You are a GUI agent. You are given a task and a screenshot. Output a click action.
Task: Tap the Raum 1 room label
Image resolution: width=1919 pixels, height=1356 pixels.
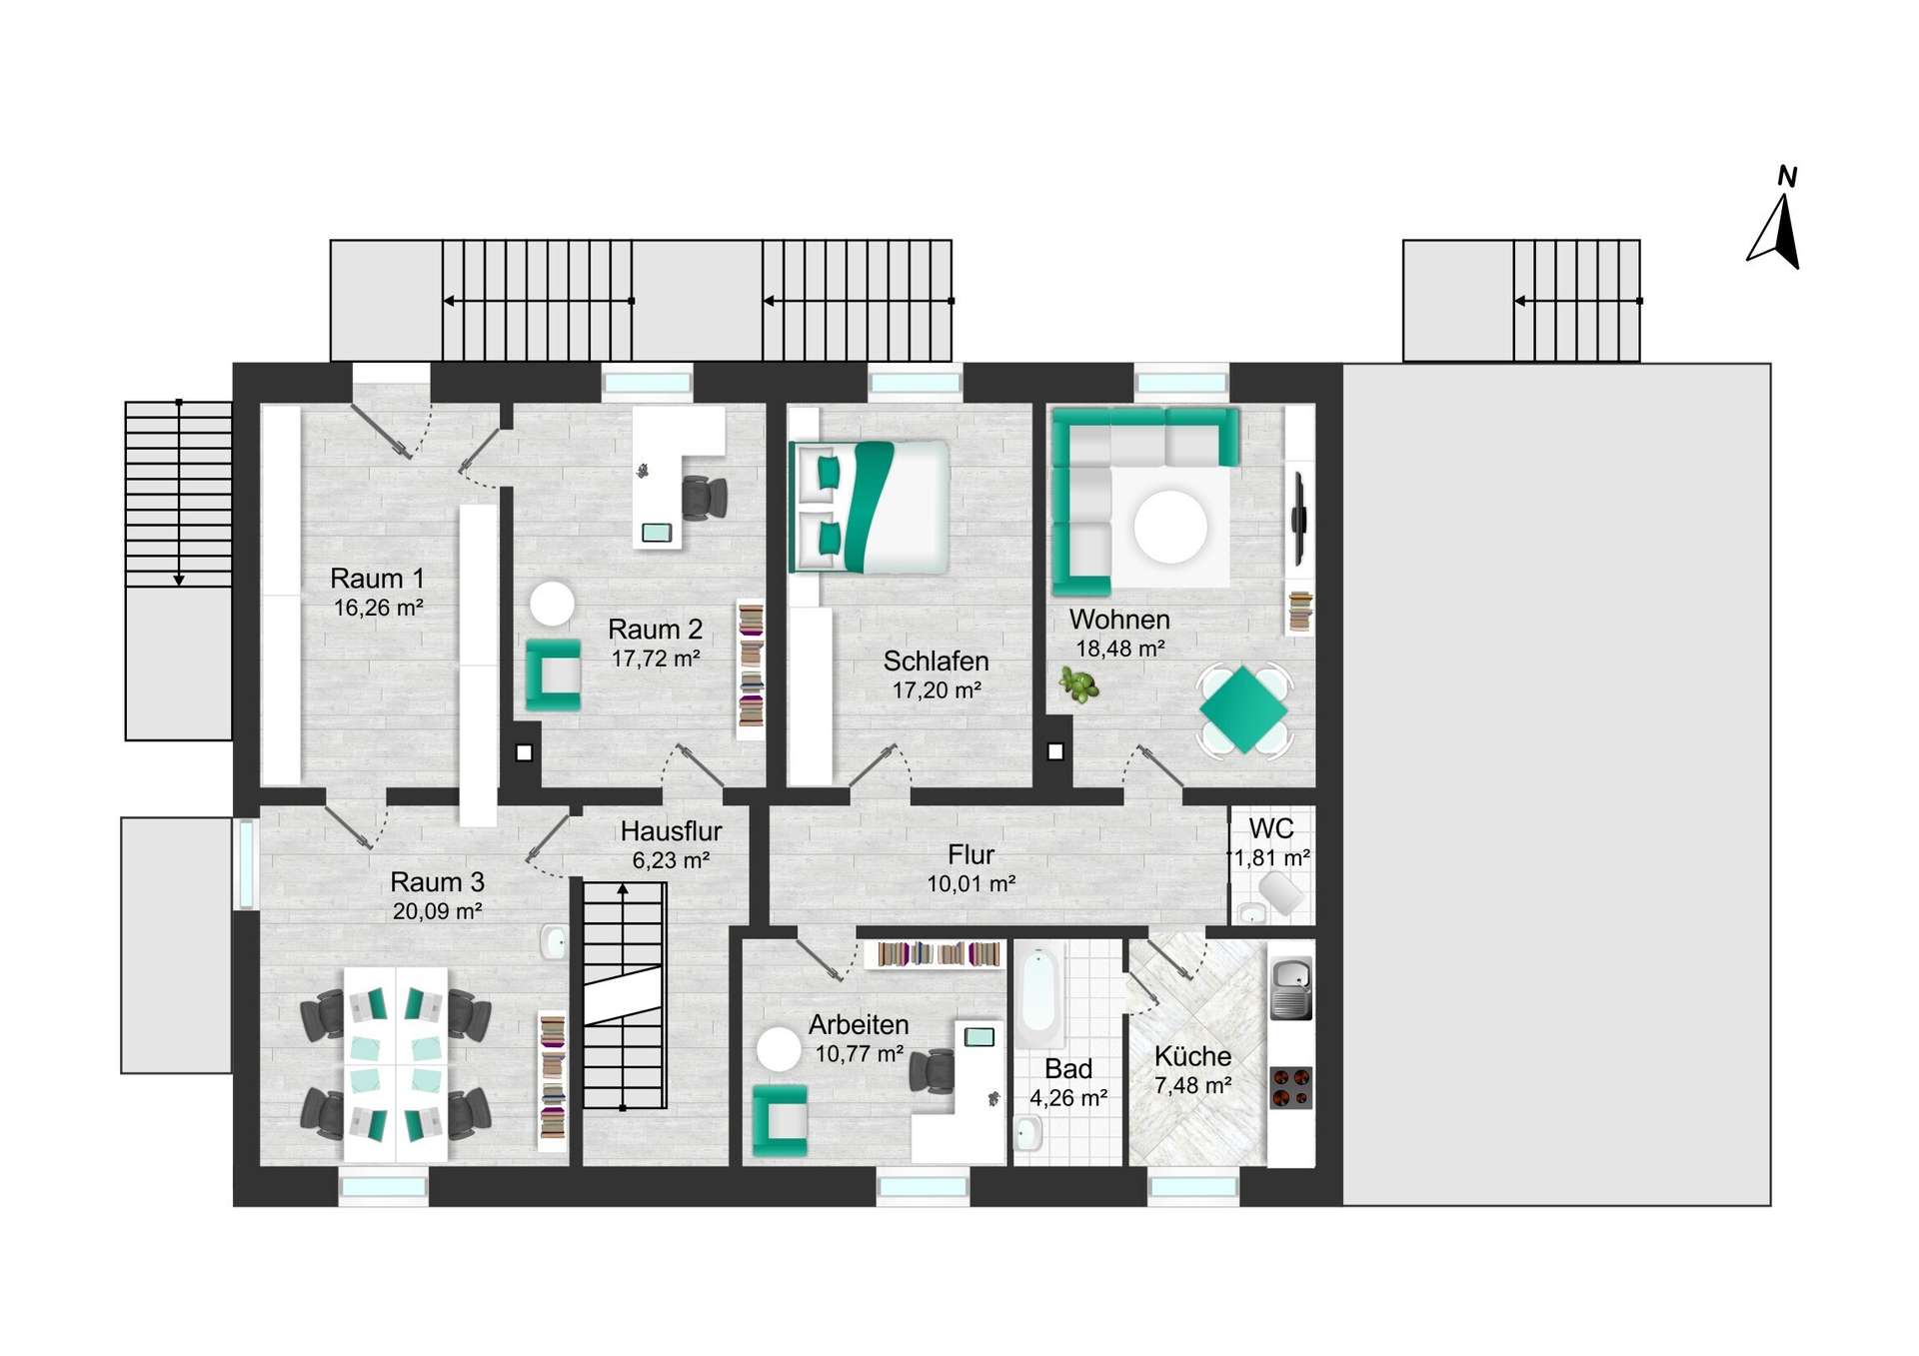point(377,579)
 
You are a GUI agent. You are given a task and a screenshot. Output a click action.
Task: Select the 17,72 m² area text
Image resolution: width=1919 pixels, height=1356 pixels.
point(656,659)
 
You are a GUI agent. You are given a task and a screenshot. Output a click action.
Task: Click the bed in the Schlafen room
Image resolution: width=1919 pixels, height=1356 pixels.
point(869,507)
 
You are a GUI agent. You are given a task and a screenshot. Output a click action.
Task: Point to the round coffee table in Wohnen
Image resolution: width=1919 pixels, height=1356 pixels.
point(1170,527)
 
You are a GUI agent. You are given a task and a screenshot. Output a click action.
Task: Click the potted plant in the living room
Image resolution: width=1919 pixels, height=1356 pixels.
point(1078,685)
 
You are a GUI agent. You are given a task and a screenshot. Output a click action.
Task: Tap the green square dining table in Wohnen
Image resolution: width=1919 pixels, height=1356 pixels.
point(1243,708)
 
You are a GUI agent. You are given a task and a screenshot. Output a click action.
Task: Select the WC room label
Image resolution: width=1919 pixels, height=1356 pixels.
point(1271,828)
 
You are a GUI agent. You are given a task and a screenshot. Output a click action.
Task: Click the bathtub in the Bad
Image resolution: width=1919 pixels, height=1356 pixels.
point(1038,992)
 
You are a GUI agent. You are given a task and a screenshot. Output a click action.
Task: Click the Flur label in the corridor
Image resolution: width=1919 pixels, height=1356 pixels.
point(970,855)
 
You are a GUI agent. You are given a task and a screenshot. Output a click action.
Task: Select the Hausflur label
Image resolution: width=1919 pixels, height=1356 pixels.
point(671,831)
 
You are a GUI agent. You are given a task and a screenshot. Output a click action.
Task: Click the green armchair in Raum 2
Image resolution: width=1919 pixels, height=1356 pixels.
point(554,675)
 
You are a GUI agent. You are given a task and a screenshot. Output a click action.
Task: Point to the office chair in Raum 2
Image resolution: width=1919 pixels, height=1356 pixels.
point(705,498)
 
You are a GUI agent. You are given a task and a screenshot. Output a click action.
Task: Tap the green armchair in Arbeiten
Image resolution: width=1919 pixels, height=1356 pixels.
point(780,1120)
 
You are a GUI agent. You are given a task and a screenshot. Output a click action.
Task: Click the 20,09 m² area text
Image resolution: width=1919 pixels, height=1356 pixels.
point(438,911)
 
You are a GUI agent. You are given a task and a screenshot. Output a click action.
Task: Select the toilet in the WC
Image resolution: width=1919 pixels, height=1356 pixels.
point(1280,892)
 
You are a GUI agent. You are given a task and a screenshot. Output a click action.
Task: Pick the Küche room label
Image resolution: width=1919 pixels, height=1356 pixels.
point(1192,1056)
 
